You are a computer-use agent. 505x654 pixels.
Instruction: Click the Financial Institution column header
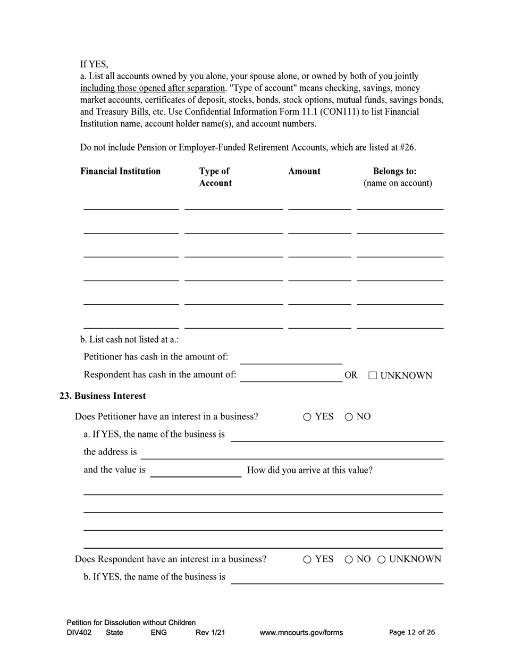120,171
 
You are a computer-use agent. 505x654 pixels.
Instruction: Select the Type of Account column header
215,177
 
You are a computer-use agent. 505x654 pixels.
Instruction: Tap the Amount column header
304,171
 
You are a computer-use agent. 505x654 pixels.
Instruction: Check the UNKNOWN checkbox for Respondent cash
373,376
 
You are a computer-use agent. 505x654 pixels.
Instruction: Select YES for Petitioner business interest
307,417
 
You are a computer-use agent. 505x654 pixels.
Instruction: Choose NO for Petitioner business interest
349,417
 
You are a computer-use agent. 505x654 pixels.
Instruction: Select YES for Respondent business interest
307,559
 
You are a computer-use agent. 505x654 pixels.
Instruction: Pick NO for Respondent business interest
349,559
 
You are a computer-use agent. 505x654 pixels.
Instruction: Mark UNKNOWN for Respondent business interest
382,559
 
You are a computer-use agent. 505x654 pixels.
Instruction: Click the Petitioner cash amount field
291,358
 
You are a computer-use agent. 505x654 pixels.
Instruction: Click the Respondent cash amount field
291,376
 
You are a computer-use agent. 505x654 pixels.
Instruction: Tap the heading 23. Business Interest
103,396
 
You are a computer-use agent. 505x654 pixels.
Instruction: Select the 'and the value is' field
196,471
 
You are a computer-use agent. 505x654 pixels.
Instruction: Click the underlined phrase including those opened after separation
152,88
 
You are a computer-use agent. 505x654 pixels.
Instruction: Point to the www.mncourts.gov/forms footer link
301,633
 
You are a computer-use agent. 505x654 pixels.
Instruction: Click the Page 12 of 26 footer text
412,632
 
